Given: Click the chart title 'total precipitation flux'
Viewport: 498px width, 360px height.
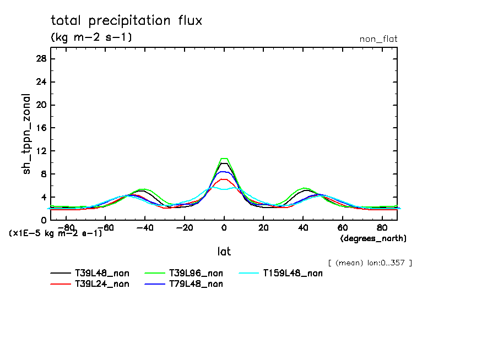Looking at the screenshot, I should [127, 21].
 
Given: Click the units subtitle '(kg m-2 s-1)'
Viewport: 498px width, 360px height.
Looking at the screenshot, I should [91, 37].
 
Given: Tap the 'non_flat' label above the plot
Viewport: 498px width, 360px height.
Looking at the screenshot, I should [378, 39].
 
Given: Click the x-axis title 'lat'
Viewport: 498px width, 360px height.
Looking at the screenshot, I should [224, 252].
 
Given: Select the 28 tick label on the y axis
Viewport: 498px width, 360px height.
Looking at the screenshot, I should [41, 59].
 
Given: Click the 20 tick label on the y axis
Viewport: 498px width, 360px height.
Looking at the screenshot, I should [41, 105].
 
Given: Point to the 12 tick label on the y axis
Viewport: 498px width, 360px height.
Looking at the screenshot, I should [41, 151].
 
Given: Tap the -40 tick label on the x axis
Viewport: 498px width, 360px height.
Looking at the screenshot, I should [145, 227].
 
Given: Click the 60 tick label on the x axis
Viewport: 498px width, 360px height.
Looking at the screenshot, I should [342, 227].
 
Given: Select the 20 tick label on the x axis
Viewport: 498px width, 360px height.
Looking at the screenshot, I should [263, 227].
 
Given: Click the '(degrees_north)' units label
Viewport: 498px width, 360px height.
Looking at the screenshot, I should [373, 238].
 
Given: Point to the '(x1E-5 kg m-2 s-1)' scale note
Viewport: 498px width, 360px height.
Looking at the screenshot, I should [56, 233].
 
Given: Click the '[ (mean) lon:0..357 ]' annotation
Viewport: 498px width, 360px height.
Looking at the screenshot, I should [370, 263].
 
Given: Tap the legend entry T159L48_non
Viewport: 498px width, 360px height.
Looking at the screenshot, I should [293, 272].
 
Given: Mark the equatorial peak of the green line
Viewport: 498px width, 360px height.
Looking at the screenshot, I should [224, 159].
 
